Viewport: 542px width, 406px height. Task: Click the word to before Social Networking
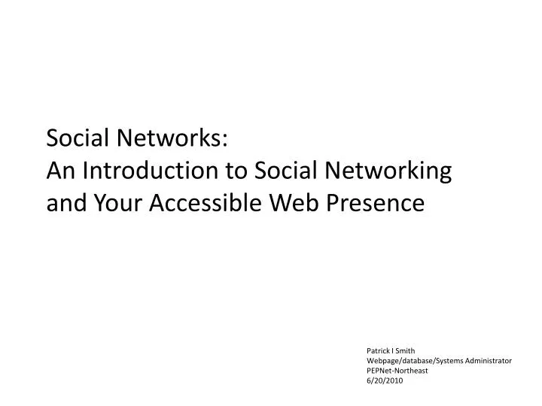239,171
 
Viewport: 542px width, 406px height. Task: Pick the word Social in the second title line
286,171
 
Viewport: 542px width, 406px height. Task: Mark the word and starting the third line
64,204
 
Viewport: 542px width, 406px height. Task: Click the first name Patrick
379,350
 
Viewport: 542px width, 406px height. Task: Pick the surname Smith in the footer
406,350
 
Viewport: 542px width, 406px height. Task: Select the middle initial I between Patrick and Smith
394,350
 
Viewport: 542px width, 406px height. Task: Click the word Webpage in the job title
383,361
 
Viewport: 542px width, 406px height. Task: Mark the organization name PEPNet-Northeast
398,371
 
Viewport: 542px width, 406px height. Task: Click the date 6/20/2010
385,381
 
